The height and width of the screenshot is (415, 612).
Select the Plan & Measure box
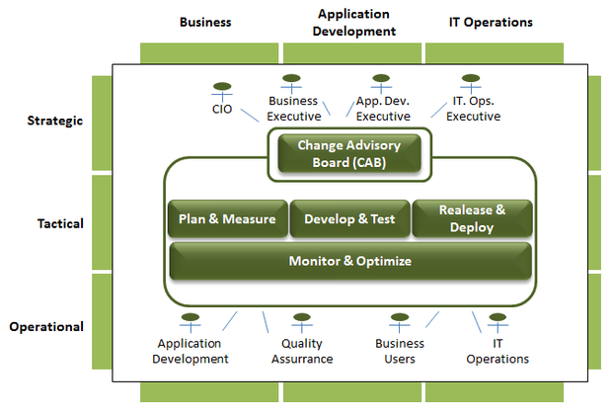[x=227, y=219]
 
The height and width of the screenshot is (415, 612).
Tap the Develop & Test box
[x=349, y=219]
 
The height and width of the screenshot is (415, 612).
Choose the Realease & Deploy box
[x=472, y=219]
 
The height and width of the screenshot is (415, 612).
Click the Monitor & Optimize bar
[x=350, y=262]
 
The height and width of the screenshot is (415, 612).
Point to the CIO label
[x=223, y=109]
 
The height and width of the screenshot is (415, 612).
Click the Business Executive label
[x=293, y=109]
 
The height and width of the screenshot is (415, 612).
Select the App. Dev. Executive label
[x=382, y=109]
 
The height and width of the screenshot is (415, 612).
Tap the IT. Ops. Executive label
[x=473, y=109]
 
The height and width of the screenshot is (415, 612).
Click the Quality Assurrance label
[x=302, y=352]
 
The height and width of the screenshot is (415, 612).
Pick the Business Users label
[x=400, y=352]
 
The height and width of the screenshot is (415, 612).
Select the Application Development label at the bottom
[x=192, y=352]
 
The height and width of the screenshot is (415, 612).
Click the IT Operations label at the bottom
[x=497, y=352]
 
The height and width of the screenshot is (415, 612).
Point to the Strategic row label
[x=56, y=121]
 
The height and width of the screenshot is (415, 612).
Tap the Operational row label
[x=46, y=327]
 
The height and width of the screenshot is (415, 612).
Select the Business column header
[x=205, y=22]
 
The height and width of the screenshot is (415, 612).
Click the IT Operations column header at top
[x=490, y=22]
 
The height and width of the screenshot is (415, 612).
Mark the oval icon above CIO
[x=223, y=85]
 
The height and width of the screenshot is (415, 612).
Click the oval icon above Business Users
[x=400, y=319]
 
